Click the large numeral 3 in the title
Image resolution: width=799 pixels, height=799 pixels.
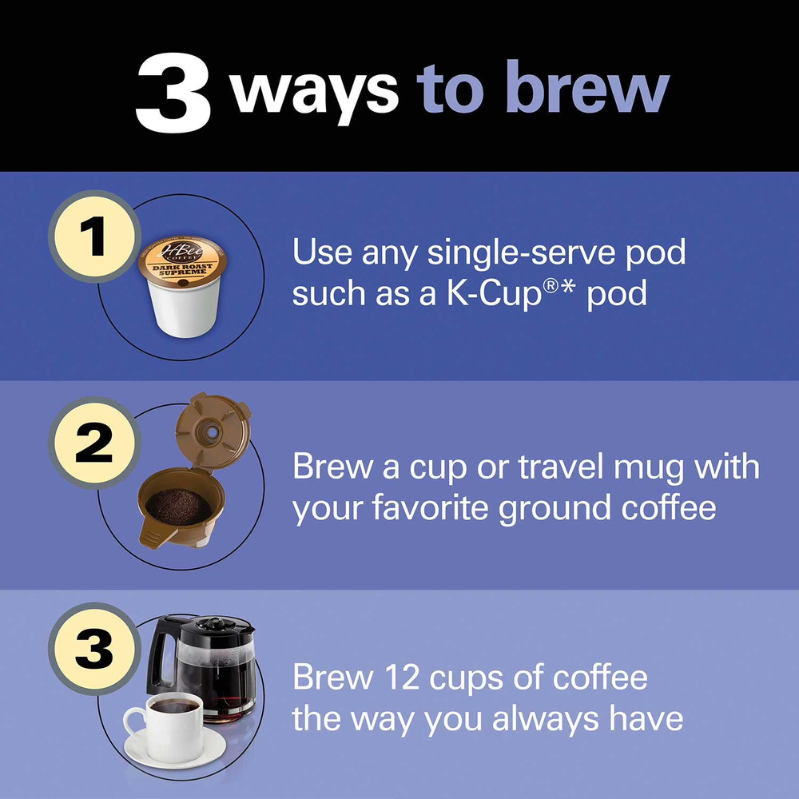click(173, 93)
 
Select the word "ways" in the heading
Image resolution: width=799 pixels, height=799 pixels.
click(315, 91)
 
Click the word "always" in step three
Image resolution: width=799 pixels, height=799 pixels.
click(543, 718)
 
